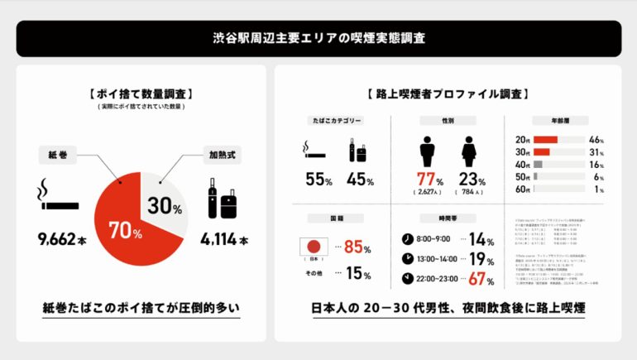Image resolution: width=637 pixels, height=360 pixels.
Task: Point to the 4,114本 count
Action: [223, 241]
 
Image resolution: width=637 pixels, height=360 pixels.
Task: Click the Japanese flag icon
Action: [313, 247]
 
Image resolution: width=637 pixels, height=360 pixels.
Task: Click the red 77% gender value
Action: [427, 180]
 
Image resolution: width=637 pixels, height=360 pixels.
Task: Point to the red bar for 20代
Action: [546, 139]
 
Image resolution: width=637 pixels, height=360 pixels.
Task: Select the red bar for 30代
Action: [542, 151]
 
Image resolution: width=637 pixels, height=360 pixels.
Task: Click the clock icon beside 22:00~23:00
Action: [408, 278]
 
